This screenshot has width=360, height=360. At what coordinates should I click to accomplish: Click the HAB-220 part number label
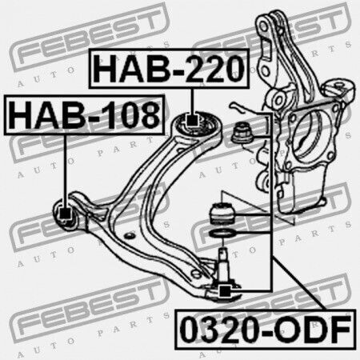tap(169, 69)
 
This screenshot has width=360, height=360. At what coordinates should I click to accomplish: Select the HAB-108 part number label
tap(84, 114)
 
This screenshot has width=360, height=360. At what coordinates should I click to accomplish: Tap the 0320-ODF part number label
tap(266, 330)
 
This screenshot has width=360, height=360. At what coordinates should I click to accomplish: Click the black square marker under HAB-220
tap(192, 121)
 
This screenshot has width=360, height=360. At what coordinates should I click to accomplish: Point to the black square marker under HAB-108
tap(65, 213)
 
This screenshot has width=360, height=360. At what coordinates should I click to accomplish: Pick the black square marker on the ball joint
tap(225, 290)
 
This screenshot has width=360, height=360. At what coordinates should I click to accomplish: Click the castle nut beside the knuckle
tap(242, 134)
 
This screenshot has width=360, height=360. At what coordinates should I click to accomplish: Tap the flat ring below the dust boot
tap(222, 234)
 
